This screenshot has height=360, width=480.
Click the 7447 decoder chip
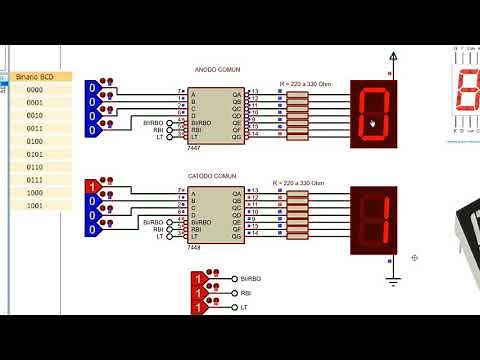point(208,117)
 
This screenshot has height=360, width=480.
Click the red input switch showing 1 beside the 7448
point(92,187)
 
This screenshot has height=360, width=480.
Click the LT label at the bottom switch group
point(244,307)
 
